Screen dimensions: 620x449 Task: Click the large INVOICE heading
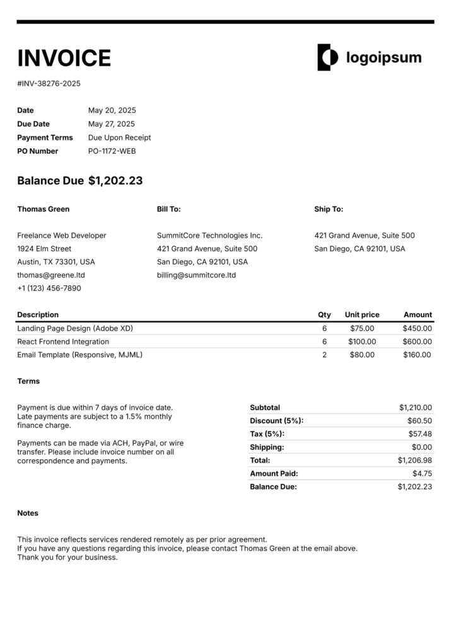click(x=64, y=58)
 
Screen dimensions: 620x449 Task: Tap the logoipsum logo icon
click(x=327, y=57)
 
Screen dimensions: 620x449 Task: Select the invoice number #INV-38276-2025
click(x=49, y=83)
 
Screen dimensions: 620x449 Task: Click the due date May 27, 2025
click(x=111, y=124)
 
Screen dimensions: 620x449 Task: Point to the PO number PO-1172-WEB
click(x=112, y=151)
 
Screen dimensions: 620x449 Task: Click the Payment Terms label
click(x=45, y=137)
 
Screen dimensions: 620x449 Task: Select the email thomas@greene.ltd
click(x=50, y=275)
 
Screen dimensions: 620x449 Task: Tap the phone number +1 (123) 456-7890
click(x=49, y=289)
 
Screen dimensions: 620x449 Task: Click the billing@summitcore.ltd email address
click(x=196, y=275)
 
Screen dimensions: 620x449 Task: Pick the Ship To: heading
click(x=329, y=209)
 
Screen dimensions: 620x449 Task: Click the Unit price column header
click(x=362, y=314)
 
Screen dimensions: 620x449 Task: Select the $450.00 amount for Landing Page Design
click(x=417, y=328)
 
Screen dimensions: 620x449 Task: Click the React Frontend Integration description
click(x=63, y=342)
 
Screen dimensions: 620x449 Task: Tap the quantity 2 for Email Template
click(x=324, y=355)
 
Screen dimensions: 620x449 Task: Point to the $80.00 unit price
click(x=362, y=355)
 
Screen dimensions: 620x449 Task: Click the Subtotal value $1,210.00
click(x=416, y=408)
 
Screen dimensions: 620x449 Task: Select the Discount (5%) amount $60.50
click(x=419, y=421)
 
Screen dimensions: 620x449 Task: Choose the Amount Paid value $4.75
click(x=422, y=473)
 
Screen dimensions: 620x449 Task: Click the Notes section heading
click(x=28, y=513)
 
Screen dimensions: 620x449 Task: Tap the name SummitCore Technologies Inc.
click(x=209, y=236)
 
